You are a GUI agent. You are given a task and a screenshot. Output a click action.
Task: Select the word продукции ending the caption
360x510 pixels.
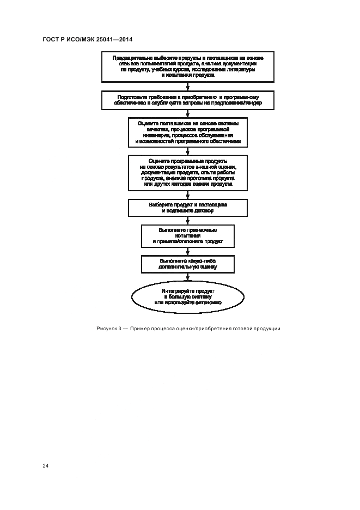tap(267, 328)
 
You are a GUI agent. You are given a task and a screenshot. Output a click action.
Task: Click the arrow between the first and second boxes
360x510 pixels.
tap(188, 86)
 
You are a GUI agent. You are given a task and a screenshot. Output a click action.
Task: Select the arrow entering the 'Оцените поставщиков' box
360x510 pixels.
tap(188, 113)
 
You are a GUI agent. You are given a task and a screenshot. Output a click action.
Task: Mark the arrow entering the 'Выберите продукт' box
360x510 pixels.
tap(188, 195)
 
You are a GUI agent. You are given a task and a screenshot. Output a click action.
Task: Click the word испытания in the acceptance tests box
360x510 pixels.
tap(188, 235)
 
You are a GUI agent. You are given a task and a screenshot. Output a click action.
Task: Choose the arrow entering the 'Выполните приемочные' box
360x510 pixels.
tap(188, 221)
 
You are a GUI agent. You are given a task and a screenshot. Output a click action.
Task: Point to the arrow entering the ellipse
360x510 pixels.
tap(188, 277)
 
